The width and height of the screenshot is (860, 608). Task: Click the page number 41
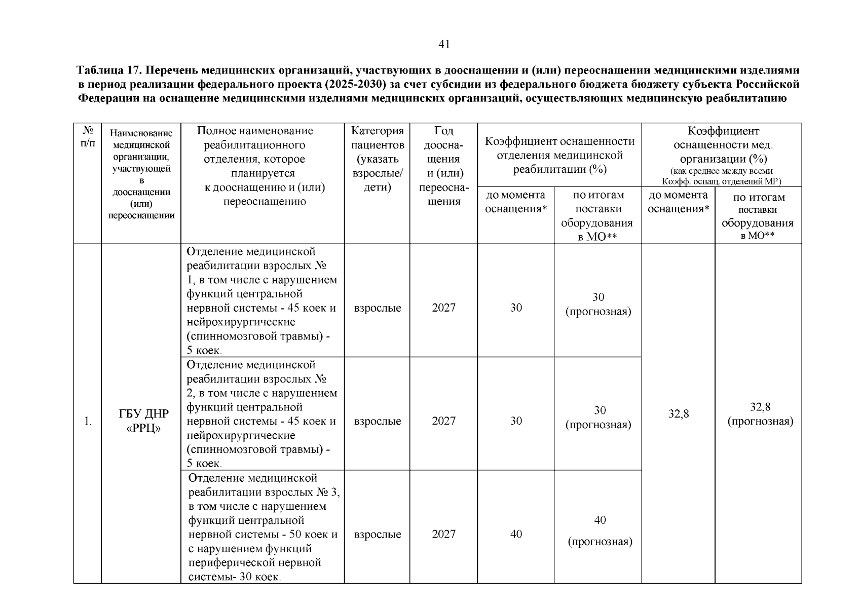444,45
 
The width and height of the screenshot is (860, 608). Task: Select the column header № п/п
87,137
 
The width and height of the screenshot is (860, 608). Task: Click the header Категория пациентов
378,159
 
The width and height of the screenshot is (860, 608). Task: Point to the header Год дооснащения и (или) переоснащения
443,166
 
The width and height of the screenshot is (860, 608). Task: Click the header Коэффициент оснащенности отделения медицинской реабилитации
559,155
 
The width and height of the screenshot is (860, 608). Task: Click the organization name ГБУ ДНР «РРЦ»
143,421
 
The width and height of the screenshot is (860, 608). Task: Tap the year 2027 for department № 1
443,308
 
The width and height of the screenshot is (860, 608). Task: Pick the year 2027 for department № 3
443,534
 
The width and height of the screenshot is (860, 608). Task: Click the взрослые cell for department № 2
378,421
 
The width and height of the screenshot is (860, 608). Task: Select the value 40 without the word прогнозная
516,534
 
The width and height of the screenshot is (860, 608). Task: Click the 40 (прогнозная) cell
600,531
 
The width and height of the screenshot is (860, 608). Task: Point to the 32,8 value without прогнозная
678,414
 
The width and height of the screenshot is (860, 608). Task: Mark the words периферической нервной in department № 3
255,563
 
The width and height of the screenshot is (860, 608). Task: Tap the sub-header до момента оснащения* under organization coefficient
678,202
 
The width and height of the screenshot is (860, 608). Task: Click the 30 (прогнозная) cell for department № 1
599,304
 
